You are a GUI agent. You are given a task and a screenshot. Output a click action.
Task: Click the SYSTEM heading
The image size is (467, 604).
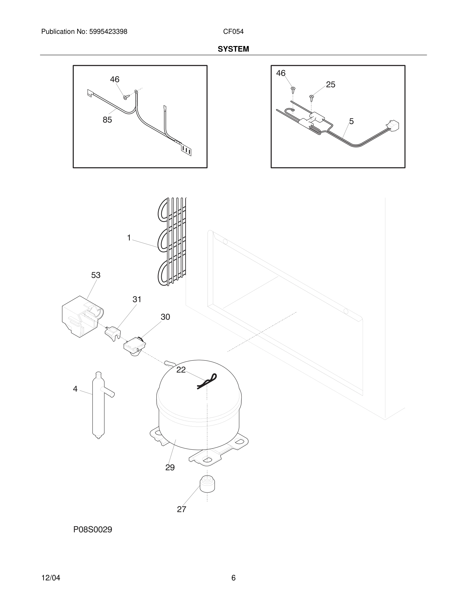pos(233,49)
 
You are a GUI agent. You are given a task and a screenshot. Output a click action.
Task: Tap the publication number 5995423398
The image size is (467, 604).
pos(108,32)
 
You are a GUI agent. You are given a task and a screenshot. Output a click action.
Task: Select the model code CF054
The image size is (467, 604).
pos(233,32)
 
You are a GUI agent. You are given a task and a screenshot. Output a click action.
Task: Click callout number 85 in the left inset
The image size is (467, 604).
pos(107,120)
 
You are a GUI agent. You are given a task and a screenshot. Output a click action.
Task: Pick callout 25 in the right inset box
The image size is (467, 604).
pos(331,85)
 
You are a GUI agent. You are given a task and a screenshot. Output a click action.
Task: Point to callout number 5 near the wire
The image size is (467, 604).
pos(351,121)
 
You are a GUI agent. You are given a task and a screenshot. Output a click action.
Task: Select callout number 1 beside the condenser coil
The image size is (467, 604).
pos(129,238)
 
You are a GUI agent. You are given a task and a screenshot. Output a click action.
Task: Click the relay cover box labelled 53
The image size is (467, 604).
pos(80,317)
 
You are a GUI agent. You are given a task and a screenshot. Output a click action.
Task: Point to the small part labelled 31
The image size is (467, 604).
pos(113,333)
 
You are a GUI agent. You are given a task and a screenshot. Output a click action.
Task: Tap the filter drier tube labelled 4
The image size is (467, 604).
pos(98,405)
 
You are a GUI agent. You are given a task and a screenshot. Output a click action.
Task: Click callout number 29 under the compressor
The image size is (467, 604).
pos(170,467)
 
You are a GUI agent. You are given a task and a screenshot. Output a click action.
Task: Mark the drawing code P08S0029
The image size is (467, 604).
pos(93,529)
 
